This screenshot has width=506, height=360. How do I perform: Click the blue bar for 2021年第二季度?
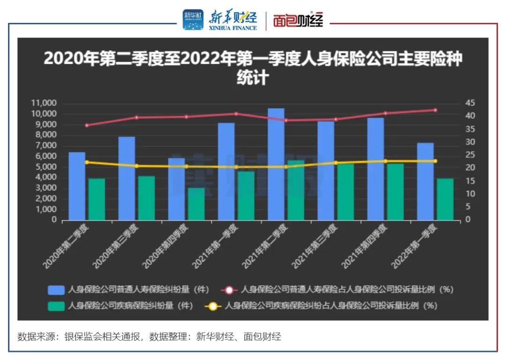pyautogui.click(x=276, y=164)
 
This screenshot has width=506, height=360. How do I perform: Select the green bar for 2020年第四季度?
pyautogui.click(x=196, y=204)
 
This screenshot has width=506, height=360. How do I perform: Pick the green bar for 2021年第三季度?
pyautogui.click(x=346, y=192)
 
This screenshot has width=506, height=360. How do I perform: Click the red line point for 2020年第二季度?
pyautogui.click(x=87, y=126)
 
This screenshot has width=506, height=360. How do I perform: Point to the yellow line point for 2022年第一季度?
pyautogui.click(x=435, y=161)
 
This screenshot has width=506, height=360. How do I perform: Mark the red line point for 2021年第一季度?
pyautogui.click(x=236, y=113)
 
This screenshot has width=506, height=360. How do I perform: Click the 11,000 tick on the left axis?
pyautogui.click(x=43, y=103)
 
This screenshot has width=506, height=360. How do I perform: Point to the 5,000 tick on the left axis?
pyautogui.click(x=45, y=167)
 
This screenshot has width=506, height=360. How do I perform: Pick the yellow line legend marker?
pyautogui.click(x=213, y=307)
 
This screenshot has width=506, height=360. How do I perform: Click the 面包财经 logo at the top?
pyautogui.click(x=298, y=21)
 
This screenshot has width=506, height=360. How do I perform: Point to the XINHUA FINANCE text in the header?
pyautogui.click(x=232, y=28)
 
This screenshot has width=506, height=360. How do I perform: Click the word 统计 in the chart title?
pyautogui.click(x=253, y=77)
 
